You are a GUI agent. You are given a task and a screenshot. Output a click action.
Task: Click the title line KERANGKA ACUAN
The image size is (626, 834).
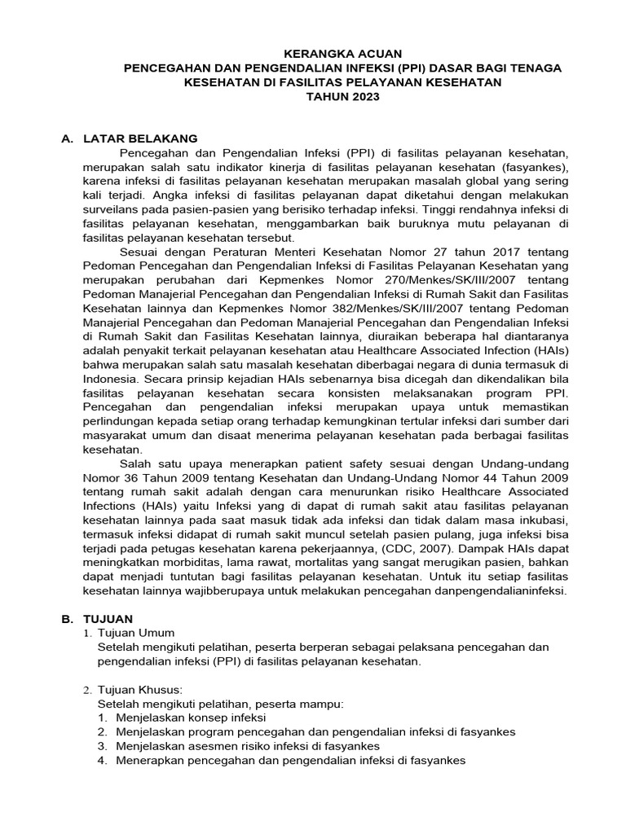coord(342,54)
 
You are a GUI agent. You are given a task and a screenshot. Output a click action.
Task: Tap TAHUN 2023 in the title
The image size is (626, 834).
coord(342,97)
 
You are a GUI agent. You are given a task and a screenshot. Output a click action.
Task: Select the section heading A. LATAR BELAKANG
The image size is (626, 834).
coord(130,138)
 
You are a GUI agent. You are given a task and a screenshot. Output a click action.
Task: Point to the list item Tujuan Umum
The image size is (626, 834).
coord(135,633)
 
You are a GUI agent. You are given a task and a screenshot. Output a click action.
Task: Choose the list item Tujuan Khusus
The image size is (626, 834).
coord(138,689)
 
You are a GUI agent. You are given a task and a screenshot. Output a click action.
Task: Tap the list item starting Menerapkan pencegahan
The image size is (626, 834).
coord(281,760)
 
